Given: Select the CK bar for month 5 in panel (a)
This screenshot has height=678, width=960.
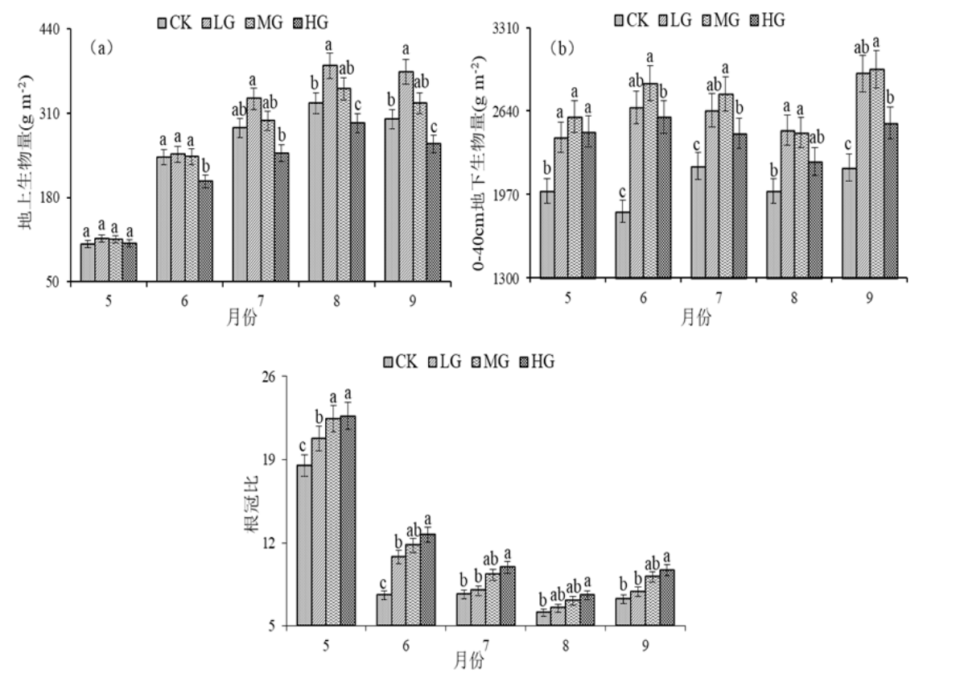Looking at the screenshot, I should click(x=87, y=263).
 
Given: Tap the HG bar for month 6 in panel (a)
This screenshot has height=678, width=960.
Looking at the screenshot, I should click(x=206, y=231).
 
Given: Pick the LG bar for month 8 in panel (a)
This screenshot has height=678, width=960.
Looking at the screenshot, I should click(x=328, y=173).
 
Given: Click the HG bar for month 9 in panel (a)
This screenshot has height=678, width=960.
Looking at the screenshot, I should click(x=434, y=213).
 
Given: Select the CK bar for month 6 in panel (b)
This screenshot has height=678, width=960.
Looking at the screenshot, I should click(x=621, y=245).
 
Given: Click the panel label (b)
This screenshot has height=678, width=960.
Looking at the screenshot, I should click(x=561, y=48).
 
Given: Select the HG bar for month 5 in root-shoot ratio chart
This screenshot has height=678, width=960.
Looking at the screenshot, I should click(x=348, y=520).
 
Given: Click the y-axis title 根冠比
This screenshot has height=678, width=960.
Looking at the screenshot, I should click(x=251, y=501).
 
